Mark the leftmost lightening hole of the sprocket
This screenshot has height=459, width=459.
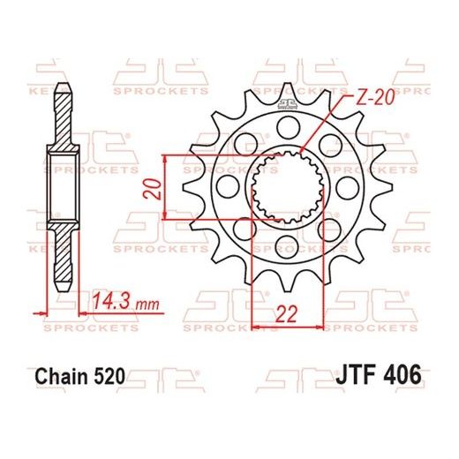[224, 188]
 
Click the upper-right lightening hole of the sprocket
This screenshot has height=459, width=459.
[329, 143]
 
